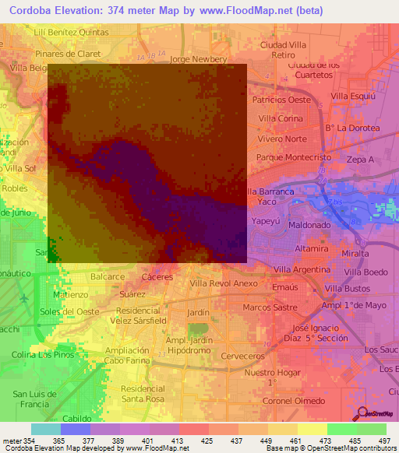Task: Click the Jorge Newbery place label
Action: point(197,58)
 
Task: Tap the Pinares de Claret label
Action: point(65,54)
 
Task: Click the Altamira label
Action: point(310,248)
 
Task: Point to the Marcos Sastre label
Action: point(269,307)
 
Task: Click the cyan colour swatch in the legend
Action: point(45,429)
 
